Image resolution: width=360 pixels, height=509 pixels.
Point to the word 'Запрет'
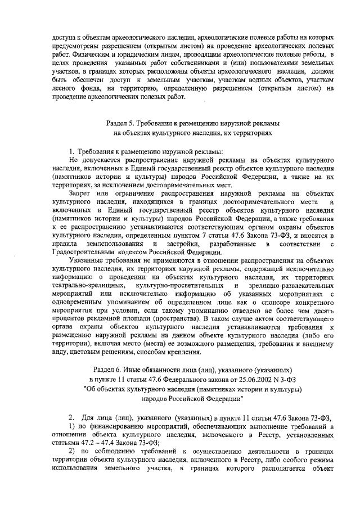coord(80,193)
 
